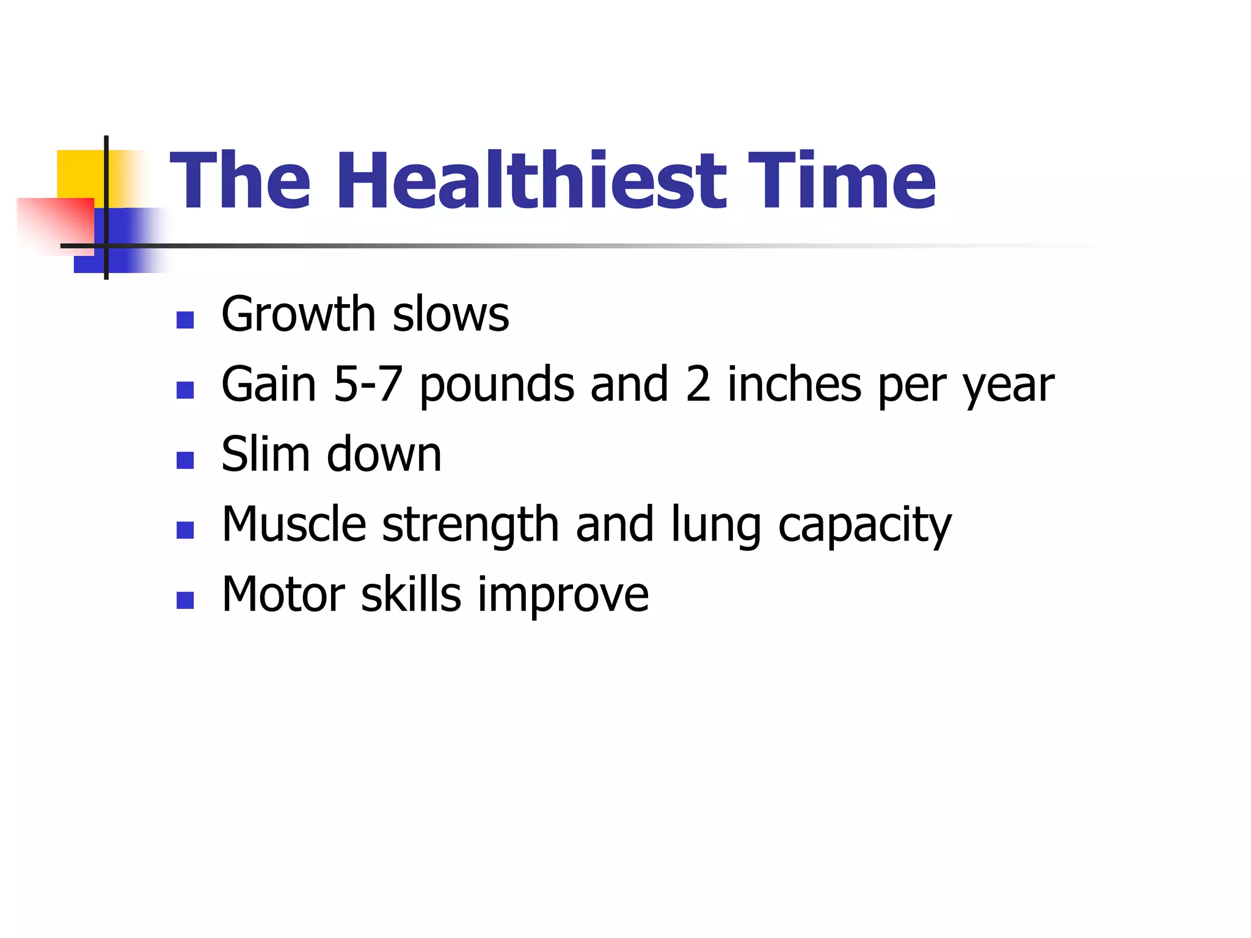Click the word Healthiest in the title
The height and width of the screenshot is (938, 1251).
[531, 181]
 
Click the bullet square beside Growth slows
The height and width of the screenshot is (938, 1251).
[185, 320]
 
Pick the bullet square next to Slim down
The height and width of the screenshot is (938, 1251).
[185, 460]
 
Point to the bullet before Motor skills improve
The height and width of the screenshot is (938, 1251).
[185, 600]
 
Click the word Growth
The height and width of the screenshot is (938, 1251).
[298, 314]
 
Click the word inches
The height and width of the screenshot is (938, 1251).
[794, 384]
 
